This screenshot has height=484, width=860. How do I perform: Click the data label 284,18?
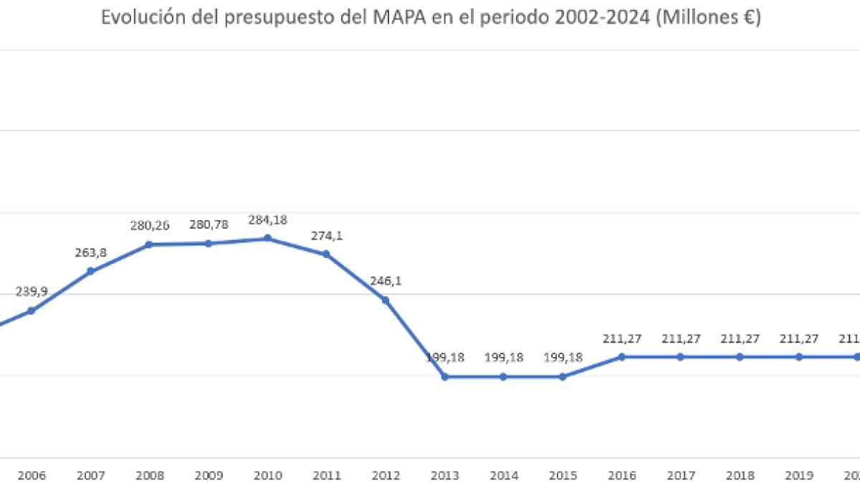point(267,219)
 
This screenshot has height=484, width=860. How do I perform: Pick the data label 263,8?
point(90,252)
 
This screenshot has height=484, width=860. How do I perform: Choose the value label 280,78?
point(209,224)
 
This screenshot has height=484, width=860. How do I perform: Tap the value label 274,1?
point(326,235)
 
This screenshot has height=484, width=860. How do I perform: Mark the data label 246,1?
point(386,281)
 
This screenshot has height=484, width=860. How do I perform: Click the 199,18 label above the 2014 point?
point(503,357)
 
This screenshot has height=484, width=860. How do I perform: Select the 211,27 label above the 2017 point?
point(680,338)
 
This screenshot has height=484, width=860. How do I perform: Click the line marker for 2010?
point(267,238)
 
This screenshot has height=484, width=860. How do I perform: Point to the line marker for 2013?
point(444,376)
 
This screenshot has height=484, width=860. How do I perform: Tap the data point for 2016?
point(621,356)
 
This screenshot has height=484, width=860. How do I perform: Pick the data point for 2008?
point(149,245)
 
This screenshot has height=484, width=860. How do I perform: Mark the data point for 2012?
point(386,300)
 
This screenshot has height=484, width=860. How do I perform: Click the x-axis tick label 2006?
point(31,475)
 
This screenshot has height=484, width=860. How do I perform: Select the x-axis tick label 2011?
point(326,475)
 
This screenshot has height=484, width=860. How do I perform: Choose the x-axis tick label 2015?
point(563,475)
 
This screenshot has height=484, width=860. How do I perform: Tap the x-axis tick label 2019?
point(798,475)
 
